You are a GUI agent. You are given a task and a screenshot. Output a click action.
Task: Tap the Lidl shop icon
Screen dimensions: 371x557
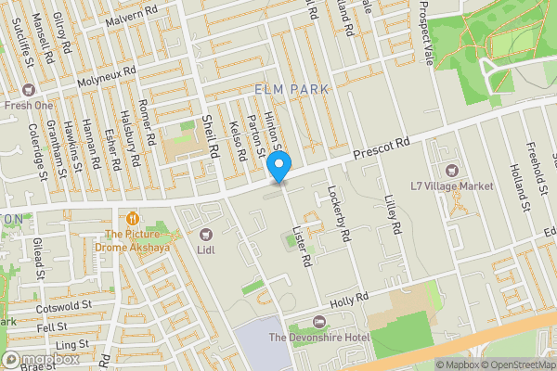tap(204, 235)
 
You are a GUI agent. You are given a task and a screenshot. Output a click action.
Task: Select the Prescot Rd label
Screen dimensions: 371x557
tap(381, 148)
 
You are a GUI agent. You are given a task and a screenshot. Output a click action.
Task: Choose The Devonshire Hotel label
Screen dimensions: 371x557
tap(318, 337)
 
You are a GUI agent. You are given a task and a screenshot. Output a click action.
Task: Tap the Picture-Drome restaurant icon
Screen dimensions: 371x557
tap(134, 219)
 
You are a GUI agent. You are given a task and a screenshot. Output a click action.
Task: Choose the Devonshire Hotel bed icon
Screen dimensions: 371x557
tap(320, 322)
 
